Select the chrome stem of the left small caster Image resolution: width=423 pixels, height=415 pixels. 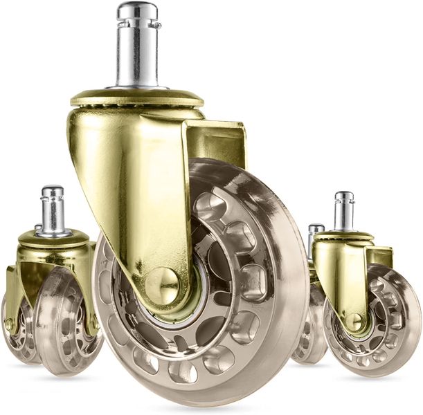(53, 211)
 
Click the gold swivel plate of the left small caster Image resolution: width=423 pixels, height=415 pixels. (53, 239)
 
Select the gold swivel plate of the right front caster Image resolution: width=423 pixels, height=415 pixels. (343, 236)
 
